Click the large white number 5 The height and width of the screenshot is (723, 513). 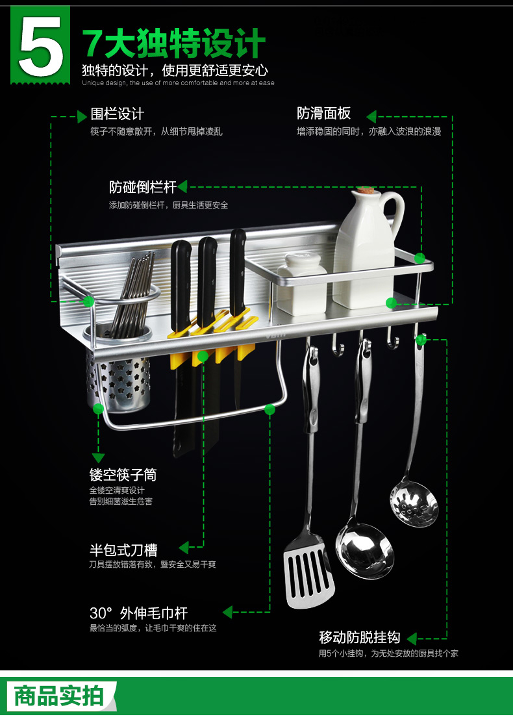40,46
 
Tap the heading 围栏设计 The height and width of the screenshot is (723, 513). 117,114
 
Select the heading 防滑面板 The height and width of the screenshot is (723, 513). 323,114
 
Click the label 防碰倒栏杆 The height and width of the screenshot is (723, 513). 143,186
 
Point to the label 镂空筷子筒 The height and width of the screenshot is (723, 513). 123,474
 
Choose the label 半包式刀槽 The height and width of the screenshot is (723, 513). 123,550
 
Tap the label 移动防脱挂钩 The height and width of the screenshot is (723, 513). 360,637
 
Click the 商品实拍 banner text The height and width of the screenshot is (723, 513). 58,696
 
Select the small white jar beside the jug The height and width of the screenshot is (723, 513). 302,284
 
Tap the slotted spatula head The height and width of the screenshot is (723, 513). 308,571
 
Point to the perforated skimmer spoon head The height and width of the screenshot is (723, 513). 414,503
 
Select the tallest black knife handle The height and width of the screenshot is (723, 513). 238,272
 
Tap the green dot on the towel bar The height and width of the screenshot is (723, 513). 269,409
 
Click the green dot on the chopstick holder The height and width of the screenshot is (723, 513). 98,409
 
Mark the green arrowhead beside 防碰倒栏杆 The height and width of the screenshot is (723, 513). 182,186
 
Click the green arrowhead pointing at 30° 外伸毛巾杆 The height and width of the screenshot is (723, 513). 227,613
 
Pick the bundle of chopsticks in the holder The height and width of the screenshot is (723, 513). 132,294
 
